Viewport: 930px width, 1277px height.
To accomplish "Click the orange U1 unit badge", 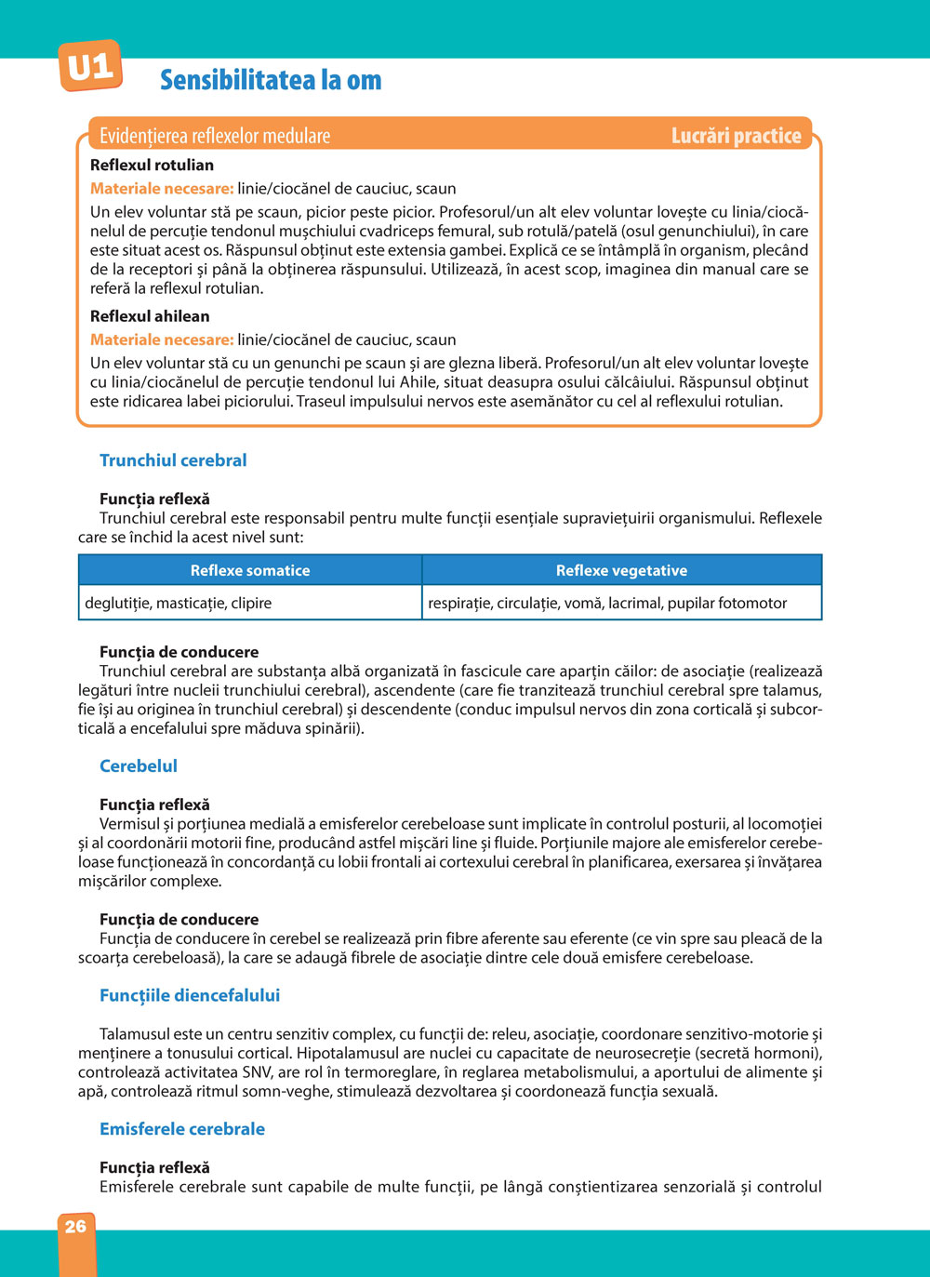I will [x=89, y=66].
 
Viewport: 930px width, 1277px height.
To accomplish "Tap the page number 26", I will [x=75, y=1226].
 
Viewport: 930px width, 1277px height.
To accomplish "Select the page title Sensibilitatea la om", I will [x=271, y=80].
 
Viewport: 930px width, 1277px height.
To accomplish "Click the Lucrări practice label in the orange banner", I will [x=736, y=136].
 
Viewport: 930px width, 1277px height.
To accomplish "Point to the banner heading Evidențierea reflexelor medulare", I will [x=215, y=136].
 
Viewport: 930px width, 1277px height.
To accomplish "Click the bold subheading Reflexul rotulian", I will [x=152, y=165].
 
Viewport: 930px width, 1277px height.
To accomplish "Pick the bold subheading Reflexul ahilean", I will [x=150, y=316].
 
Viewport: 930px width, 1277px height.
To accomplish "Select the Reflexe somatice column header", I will [x=250, y=570].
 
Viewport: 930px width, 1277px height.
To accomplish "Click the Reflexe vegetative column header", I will [x=621, y=570].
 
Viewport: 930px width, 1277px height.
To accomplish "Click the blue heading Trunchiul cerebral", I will [x=173, y=460].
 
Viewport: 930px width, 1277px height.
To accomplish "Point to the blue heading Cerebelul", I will [x=139, y=766].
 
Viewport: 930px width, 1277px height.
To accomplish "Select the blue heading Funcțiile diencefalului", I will [x=190, y=995].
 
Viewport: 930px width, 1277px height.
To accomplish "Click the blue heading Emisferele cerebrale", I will [x=182, y=1129].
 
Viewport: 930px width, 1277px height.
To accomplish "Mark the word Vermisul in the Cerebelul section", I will [x=129, y=824].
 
